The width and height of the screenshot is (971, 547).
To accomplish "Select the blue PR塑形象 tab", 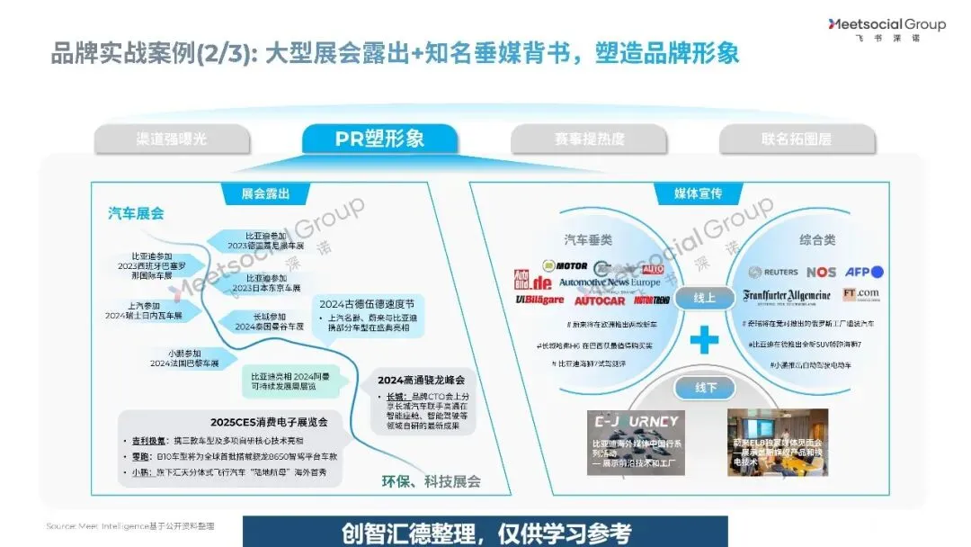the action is [379, 139].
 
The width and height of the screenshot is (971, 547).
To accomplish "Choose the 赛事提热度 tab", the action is [589, 139].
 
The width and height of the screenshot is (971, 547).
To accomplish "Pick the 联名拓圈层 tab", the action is [797, 139].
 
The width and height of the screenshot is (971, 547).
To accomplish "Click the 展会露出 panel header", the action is [266, 193].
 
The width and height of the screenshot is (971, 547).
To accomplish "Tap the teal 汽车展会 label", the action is [137, 213].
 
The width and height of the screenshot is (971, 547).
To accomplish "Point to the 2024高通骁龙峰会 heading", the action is [422, 380].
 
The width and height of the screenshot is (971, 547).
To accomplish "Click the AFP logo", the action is [865, 272].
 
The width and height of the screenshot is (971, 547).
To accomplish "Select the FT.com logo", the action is [861, 294].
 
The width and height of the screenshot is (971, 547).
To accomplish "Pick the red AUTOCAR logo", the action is [599, 300].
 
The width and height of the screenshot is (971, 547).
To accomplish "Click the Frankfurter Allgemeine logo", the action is [787, 295].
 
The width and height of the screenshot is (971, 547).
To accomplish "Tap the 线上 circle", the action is [704, 298].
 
